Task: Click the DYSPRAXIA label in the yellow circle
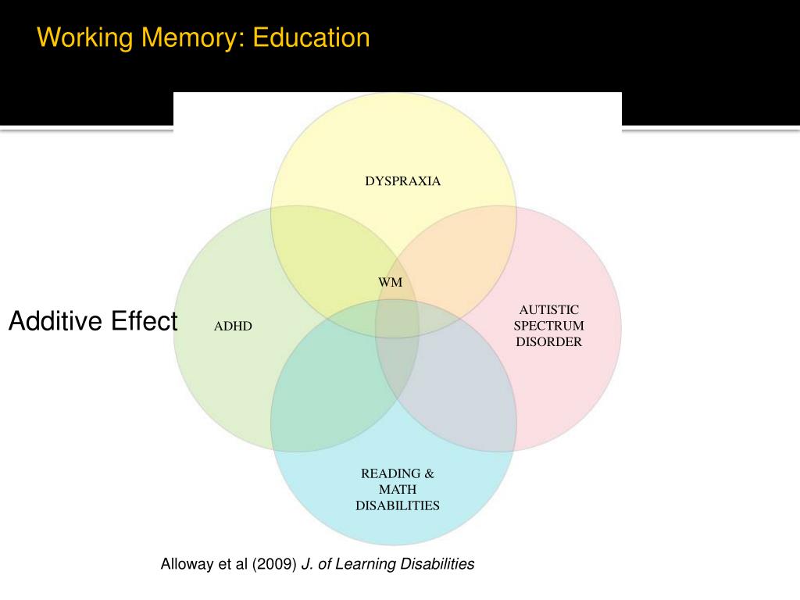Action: [402, 181]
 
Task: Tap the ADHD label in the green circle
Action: [233, 326]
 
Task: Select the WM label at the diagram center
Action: [391, 282]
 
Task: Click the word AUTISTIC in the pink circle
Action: [548, 310]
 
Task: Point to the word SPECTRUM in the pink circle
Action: [548, 326]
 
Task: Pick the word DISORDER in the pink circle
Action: [548, 341]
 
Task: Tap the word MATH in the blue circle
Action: [398, 490]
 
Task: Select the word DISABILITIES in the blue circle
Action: [398, 505]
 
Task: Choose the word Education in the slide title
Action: [310, 37]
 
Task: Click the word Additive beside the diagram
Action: [55, 321]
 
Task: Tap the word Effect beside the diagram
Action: [145, 321]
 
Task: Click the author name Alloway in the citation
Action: [187, 564]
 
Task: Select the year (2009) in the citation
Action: [274, 564]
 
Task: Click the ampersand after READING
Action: [429, 473]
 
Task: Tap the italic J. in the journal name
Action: [306, 564]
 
